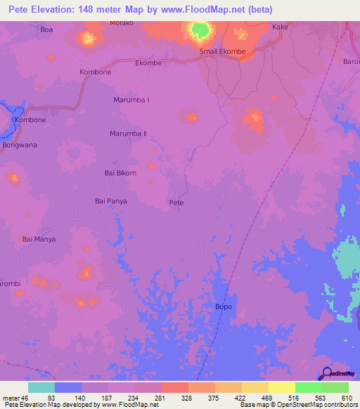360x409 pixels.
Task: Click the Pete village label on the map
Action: tap(176, 202)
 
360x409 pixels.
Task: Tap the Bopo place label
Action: tap(222, 307)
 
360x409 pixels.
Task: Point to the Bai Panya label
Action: tap(110, 201)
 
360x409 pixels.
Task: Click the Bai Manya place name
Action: tap(39, 239)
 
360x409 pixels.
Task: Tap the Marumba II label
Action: tap(128, 134)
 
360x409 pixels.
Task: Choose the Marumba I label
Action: tap(131, 100)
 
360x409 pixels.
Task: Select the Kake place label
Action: tap(280, 27)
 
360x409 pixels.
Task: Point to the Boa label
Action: tap(46, 30)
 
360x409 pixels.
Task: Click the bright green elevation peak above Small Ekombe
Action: tap(200, 30)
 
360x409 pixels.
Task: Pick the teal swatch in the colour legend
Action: tap(41, 387)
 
